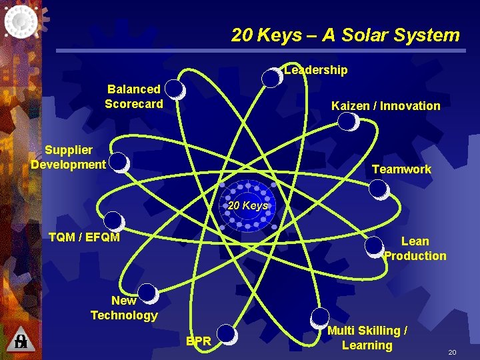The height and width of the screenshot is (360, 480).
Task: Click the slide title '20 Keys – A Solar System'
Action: point(345,35)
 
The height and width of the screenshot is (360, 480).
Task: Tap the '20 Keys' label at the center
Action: point(247,205)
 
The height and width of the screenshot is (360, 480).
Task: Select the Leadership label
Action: point(315,70)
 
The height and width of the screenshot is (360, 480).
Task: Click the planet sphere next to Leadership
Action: point(271,77)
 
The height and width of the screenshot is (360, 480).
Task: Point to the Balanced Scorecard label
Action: point(134,96)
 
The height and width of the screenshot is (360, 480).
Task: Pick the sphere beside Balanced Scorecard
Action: point(174,89)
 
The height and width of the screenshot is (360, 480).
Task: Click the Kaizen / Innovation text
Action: point(385,105)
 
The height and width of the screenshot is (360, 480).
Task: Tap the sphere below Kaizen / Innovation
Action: point(348,121)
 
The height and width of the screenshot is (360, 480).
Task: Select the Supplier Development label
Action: point(68,157)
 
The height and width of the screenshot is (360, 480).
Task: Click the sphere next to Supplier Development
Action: point(119,162)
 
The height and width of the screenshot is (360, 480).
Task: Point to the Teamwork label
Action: point(401,169)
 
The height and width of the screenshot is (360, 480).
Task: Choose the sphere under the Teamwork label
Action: point(379,190)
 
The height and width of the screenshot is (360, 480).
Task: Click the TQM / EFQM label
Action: point(84,237)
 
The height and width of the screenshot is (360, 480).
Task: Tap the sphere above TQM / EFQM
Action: point(114,221)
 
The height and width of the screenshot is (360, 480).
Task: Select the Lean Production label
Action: point(415,248)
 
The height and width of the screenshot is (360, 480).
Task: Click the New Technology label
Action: point(124,308)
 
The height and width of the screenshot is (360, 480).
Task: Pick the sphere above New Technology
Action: point(147,293)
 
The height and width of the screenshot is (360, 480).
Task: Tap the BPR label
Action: point(199,341)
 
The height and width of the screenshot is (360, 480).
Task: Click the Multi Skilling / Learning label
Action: point(367,337)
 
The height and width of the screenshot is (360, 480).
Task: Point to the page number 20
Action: point(451,351)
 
